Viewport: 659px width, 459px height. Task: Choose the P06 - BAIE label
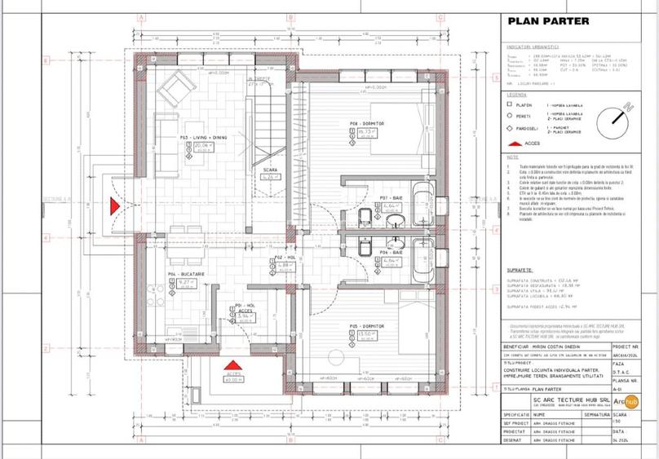pyautogui.click(x=391, y=254)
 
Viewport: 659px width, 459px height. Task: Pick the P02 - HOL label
pyautogui.click(x=285, y=257)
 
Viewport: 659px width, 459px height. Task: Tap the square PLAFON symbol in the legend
pyautogui.click(x=509, y=104)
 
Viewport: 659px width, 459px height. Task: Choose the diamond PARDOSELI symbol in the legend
pyautogui.click(x=509, y=128)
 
